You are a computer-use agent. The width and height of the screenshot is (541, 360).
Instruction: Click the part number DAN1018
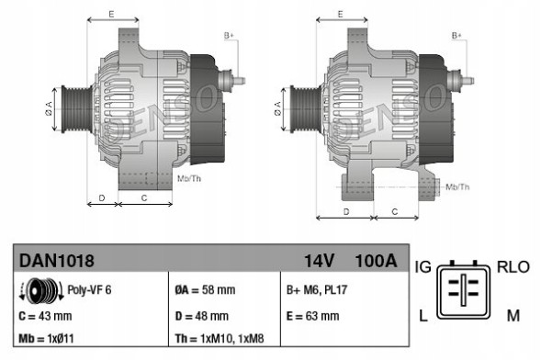pyautogui.click(x=57, y=262)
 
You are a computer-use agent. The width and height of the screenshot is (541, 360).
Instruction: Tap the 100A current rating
pyautogui.click(x=375, y=262)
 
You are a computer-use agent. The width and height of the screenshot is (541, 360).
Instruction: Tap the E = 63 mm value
pyautogui.click(x=313, y=316)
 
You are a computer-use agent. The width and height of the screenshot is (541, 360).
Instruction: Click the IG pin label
pyautogui.click(x=424, y=267)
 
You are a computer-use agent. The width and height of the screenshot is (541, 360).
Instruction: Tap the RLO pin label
pyautogui.click(x=513, y=267)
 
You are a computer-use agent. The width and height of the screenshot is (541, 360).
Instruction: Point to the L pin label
pyautogui.click(x=423, y=316)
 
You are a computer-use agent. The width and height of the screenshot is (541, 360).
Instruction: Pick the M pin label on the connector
pyautogui.click(x=513, y=316)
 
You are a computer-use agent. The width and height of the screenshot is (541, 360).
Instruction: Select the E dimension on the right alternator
pyautogui.click(x=341, y=15)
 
